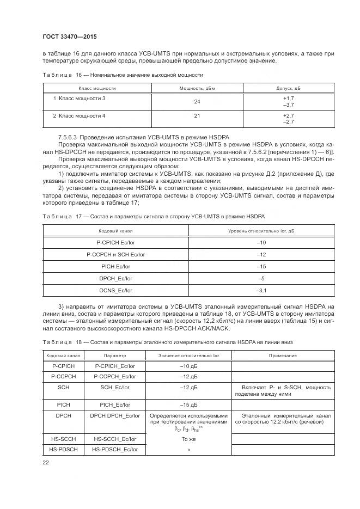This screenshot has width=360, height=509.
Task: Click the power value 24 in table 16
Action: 197,101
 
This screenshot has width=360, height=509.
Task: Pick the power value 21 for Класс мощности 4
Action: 197,116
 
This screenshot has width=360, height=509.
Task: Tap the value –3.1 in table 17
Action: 261,291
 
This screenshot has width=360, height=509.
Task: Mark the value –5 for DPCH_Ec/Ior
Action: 261,279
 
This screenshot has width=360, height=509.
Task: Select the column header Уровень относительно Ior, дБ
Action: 261,231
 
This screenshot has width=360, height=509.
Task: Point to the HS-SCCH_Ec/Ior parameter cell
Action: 114,438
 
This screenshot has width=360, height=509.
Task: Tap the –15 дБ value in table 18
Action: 188,404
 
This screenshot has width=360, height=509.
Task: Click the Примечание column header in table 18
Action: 283,355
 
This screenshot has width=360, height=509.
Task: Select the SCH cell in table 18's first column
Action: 63,387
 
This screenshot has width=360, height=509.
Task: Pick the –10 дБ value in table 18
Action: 188,366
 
